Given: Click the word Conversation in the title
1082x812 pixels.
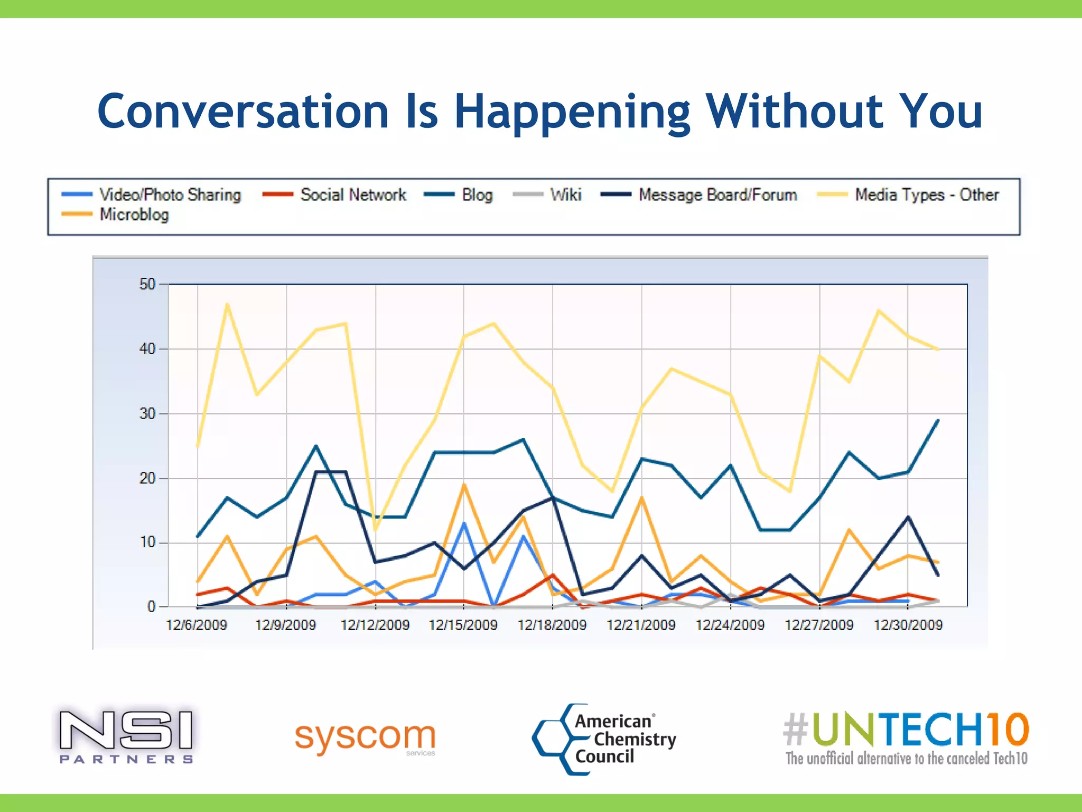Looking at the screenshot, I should tap(243, 112).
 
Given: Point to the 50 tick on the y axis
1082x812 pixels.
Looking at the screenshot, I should tap(147, 284).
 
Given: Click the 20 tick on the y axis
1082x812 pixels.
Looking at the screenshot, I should tap(147, 478).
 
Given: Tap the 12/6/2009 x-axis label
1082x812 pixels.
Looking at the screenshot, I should tap(197, 625).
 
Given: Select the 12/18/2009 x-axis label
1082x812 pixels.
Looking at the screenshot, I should tap(552, 625).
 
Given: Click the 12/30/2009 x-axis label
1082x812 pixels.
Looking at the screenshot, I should tap(908, 625).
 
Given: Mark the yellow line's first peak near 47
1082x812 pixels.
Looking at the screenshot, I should tap(227, 304).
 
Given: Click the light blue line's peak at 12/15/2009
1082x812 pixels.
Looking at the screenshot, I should tap(464, 523).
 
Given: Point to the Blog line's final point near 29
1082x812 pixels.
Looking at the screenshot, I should tap(938, 420).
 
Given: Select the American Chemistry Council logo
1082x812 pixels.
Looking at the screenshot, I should tap(605, 739).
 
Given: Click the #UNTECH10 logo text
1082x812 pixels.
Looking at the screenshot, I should tap(906, 730).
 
